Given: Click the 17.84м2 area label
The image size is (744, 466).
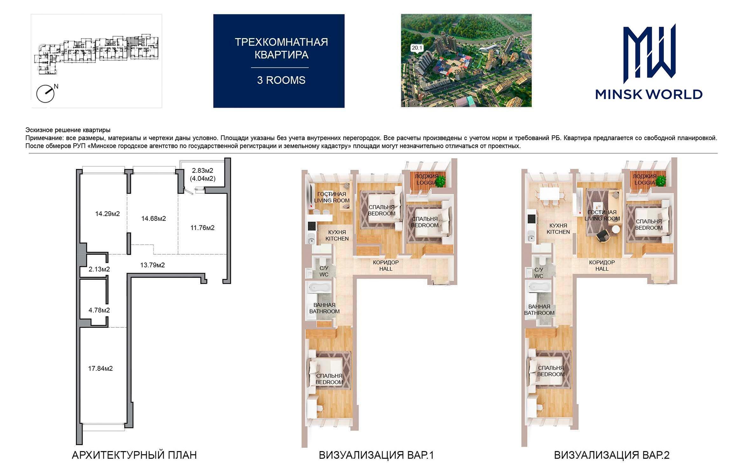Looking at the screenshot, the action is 100,368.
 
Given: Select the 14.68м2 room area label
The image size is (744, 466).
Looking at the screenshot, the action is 154,218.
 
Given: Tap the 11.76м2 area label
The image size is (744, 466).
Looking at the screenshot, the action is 203,228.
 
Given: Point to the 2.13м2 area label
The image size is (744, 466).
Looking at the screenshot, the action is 99,269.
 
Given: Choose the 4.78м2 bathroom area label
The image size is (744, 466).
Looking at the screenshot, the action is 99,310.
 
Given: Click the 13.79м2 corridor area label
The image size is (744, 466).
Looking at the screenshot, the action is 153,265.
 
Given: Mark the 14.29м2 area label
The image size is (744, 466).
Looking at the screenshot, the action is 107,214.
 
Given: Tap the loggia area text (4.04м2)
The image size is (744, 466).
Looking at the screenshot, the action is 203,178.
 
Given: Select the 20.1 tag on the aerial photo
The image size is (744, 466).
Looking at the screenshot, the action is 417,48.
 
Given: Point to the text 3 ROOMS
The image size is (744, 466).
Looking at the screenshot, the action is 281,80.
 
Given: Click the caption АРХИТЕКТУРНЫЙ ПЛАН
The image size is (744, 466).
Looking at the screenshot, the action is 134,455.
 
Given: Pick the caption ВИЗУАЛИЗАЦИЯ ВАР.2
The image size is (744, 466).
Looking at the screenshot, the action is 612,455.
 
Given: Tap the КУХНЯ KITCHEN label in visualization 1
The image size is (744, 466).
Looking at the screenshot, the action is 337,235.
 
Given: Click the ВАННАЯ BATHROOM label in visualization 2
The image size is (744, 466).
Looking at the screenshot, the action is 539,310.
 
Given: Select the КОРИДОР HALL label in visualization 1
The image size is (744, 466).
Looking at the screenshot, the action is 386,265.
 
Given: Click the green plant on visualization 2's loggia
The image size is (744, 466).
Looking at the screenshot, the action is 661,181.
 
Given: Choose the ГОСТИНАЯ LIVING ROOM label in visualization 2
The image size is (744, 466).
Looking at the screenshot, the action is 602,215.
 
